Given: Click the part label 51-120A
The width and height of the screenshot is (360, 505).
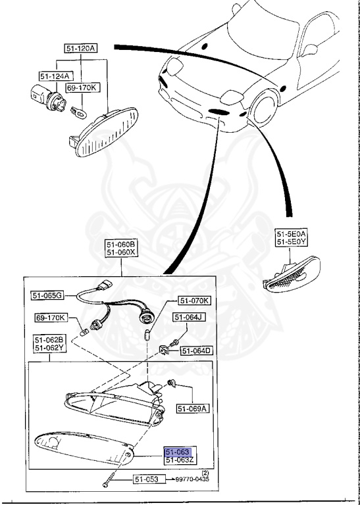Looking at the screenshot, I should click(81, 48).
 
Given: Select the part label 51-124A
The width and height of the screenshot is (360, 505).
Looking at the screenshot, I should click(56, 76).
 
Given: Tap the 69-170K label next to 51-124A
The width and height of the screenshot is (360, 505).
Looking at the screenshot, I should click(81, 87).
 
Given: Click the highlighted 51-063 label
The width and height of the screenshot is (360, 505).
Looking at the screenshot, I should click(178, 452).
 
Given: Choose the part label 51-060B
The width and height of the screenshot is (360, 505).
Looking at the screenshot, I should click(121, 244).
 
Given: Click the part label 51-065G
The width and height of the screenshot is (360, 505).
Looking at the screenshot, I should click(47, 296).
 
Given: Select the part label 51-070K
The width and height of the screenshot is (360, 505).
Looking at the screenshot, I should click(194, 301).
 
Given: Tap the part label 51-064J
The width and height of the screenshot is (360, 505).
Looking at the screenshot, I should click(189, 318).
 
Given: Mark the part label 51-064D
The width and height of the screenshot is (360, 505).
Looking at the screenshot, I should click(196, 350).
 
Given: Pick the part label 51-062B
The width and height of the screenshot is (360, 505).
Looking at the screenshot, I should click(49, 340).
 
